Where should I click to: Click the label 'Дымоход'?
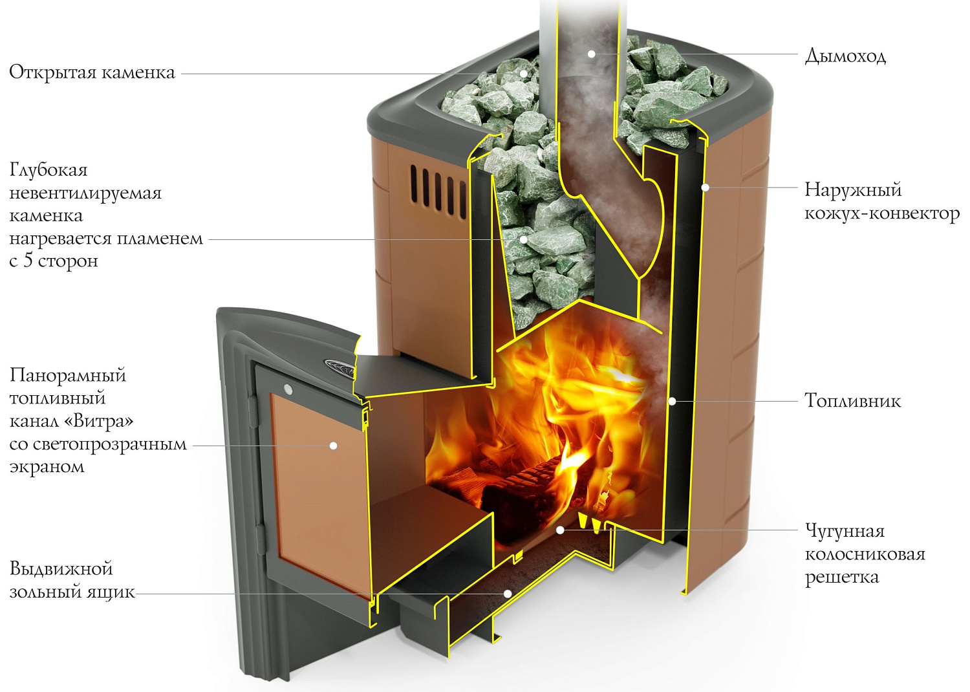(x=845, y=56)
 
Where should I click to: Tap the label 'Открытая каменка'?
(x=92, y=72)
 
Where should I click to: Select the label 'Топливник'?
(x=852, y=401)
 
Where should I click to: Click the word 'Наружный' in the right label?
(x=852, y=189)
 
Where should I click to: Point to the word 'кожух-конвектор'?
(x=881, y=213)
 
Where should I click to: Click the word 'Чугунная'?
(x=845, y=531)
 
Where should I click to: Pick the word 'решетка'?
(x=841, y=577)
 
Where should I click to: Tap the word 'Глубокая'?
(x=48, y=170)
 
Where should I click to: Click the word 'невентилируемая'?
(x=85, y=193)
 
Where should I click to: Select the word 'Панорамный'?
(x=68, y=375)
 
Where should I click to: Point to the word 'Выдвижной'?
(x=61, y=568)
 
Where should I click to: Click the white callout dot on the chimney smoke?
(x=591, y=54)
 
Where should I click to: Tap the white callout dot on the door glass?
(x=333, y=446)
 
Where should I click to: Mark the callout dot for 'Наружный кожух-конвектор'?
(x=706, y=188)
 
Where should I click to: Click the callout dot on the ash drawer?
(x=508, y=593)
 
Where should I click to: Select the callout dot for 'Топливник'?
(x=672, y=402)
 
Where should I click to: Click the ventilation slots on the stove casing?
(x=437, y=189)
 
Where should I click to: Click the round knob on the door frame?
(x=288, y=389)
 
